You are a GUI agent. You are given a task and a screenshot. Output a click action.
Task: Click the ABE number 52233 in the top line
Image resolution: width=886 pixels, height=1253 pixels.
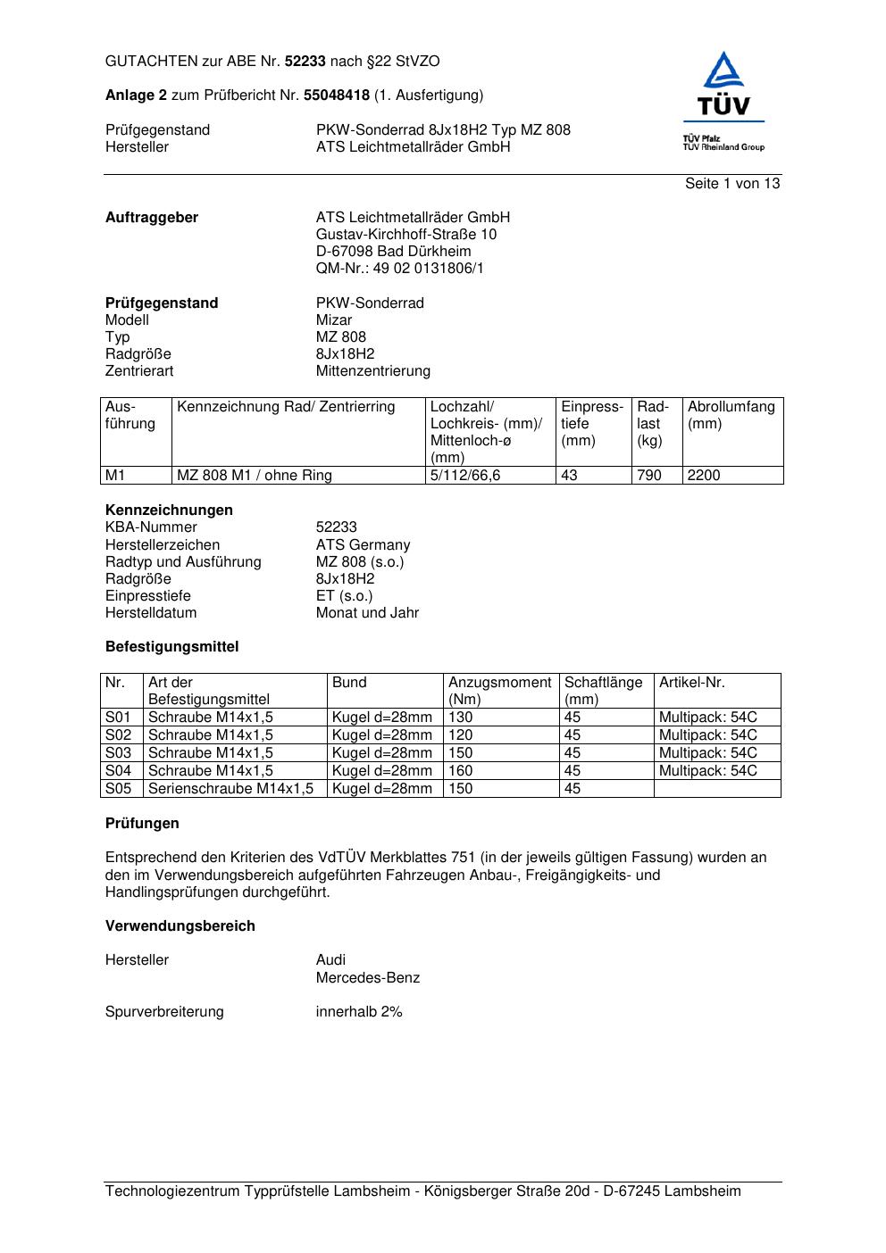tap(305, 62)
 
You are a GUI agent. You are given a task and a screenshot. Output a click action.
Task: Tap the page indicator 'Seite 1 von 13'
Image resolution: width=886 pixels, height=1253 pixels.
tap(732, 183)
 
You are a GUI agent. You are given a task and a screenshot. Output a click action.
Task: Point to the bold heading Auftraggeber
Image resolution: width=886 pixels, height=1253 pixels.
tap(152, 217)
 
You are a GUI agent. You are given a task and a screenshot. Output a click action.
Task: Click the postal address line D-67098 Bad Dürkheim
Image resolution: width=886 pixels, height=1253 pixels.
tap(393, 251)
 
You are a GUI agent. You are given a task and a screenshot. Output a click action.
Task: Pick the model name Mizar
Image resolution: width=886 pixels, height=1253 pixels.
tap(334, 319)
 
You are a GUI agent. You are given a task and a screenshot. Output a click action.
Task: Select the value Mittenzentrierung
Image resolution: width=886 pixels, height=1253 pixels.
tap(372, 370)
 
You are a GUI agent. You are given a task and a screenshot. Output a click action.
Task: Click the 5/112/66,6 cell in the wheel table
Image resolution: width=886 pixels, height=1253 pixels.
tap(465, 475)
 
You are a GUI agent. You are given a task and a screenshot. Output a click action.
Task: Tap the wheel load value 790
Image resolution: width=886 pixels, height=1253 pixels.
tap(649, 475)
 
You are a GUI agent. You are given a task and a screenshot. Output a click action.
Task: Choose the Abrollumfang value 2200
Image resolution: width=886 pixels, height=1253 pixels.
tap(704, 475)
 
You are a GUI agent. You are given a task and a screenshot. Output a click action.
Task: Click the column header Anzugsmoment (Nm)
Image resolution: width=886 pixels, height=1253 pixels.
tap(499, 691)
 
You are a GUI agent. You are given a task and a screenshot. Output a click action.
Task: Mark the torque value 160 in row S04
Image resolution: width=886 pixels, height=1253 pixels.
tap(461, 770)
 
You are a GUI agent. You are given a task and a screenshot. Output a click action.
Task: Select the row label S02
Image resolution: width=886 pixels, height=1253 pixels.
tap(119, 734)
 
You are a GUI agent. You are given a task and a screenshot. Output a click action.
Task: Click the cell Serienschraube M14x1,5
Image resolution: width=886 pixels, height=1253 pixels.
tap(231, 788)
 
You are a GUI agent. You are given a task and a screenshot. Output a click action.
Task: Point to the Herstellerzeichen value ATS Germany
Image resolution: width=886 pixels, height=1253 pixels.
tap(363, 544)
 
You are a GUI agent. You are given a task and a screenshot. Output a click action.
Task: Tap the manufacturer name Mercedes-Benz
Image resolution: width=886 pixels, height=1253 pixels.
tap(367, 977)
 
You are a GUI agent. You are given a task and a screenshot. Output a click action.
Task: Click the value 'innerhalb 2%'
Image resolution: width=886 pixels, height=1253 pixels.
tap(359, 1011)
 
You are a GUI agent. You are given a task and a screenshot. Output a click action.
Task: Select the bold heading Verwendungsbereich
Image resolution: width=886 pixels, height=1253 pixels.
tap(180, 925)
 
